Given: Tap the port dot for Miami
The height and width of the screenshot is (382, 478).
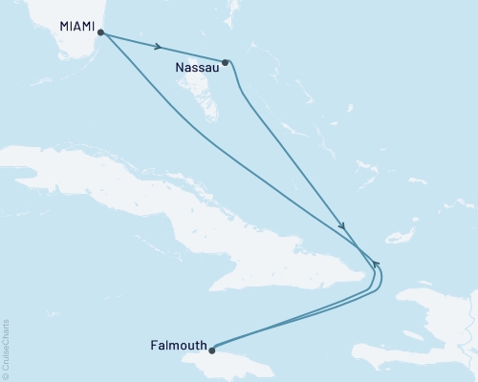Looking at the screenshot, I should click(100, 32).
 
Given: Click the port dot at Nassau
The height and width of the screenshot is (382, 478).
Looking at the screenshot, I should click(226, 63).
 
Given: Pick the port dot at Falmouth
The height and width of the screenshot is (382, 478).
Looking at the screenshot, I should click(212, 350).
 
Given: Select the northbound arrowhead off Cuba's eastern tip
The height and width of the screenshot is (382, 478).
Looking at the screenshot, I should click(376, 264).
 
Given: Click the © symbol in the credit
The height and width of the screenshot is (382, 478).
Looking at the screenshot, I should click(6, 377).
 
